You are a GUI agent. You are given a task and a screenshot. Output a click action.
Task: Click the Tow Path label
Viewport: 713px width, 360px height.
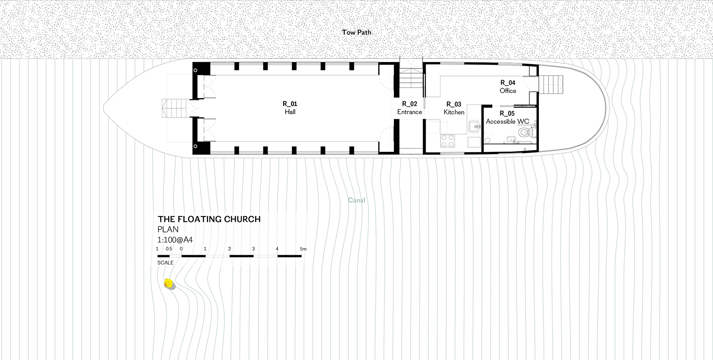[356, 32]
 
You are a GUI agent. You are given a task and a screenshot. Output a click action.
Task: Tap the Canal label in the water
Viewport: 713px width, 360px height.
[356, 200]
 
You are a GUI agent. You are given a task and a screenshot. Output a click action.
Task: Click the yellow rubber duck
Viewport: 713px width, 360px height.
[169, 284]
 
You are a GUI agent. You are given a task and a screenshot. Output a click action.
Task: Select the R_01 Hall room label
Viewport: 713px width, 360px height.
[290, 107]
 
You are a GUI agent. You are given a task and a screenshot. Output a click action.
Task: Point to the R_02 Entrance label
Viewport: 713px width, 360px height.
[410, 108]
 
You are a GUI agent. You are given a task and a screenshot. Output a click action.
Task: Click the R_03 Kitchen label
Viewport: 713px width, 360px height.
[454, 108]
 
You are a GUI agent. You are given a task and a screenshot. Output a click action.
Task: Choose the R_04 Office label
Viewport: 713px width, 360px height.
[507, 86]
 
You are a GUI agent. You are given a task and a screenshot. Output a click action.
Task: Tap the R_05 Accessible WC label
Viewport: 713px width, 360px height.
[507, 117]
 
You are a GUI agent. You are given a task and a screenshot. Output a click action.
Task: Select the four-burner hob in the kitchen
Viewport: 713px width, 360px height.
[448, 141]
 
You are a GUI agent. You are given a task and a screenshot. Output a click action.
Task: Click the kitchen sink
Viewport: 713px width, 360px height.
[475, 126]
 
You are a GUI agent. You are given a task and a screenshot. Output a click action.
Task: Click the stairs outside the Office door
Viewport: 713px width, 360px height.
[551, 84]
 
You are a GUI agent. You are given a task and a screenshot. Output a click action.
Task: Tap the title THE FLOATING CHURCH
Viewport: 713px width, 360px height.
[209, 219]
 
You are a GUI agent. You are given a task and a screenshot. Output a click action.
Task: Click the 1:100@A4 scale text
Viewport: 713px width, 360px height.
[175, 240]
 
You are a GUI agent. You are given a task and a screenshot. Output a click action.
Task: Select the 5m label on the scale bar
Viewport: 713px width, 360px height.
[303, 249]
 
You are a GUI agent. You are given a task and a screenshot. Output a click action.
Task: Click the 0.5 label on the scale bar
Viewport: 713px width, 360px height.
[169, 249]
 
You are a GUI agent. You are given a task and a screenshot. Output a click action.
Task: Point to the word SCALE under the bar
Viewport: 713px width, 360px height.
[165, 263]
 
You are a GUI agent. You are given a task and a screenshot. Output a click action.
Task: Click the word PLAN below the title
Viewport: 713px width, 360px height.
[168, 230]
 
